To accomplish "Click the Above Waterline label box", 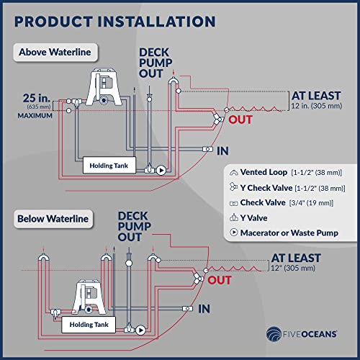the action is tap(55, 53).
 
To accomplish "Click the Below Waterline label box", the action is tap(53, 219).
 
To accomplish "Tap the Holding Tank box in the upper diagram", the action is tap(109, 165).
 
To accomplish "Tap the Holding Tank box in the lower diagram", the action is tap(89, 325).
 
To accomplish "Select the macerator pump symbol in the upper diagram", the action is tap(161, 170).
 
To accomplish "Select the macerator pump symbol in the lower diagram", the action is tap(140, 330).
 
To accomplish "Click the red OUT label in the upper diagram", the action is tap(240, 120).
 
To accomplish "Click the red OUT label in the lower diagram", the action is tap(220, 280).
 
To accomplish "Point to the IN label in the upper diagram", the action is tap(222, 151).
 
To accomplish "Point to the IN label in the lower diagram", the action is tap(204, 309).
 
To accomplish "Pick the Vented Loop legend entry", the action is tap(286, 172).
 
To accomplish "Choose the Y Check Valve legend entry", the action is tap(287, 188).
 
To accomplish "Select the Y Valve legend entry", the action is tap(248, 217).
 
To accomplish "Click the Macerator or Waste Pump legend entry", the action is tap(284, 233).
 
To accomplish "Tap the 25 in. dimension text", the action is tap(37, 98).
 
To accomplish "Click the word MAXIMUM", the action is tap(35, 116).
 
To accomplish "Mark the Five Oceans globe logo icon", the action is tap(274, 333).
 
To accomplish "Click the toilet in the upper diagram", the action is tap(104, 87).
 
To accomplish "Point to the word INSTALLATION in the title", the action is tap(156, 22).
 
